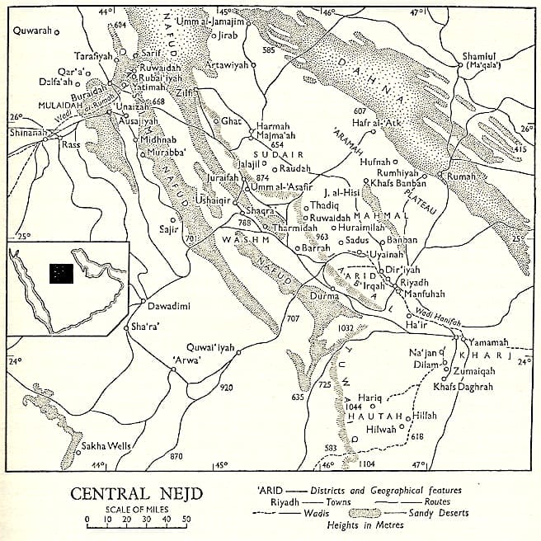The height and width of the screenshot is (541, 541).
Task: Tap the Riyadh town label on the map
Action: (414, 283)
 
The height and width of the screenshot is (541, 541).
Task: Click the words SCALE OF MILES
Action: (133, 509)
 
